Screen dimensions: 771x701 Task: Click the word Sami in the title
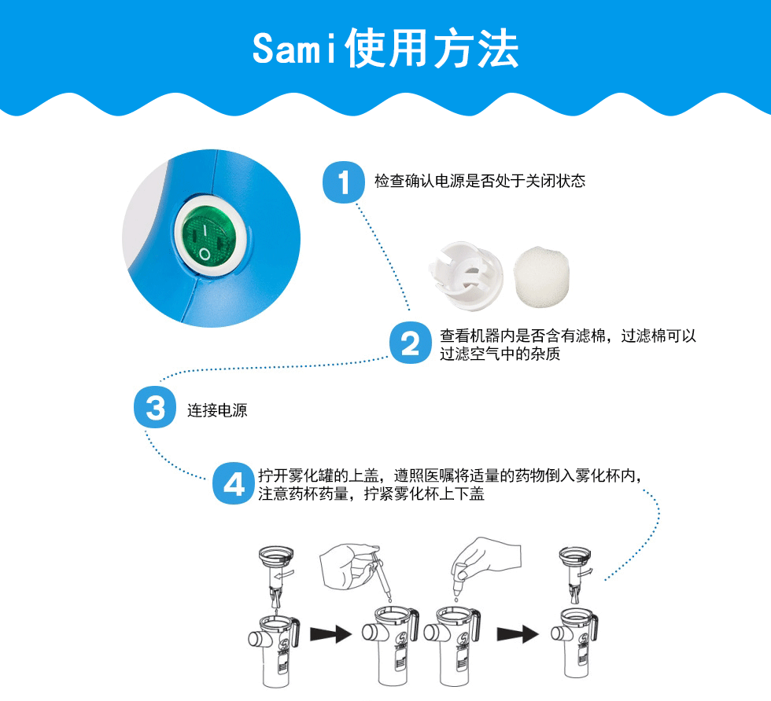point(295,48)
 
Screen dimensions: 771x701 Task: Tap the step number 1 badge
point(343,182)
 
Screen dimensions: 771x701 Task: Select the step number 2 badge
point(410,343)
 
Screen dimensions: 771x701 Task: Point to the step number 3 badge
point(155,407)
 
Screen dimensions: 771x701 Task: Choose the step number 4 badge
point(234,483)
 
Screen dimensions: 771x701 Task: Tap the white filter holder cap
point(466,276)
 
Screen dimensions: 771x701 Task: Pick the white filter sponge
point(541,277)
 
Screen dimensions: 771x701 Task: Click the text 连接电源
point(217,410)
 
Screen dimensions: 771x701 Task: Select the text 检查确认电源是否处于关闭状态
point(480,181)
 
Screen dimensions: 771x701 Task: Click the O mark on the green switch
point(204,254)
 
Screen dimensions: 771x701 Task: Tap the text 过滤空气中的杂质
point(500,354)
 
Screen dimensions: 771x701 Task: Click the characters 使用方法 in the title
point(432,48)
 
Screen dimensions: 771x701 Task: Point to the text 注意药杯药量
point(304,494)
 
